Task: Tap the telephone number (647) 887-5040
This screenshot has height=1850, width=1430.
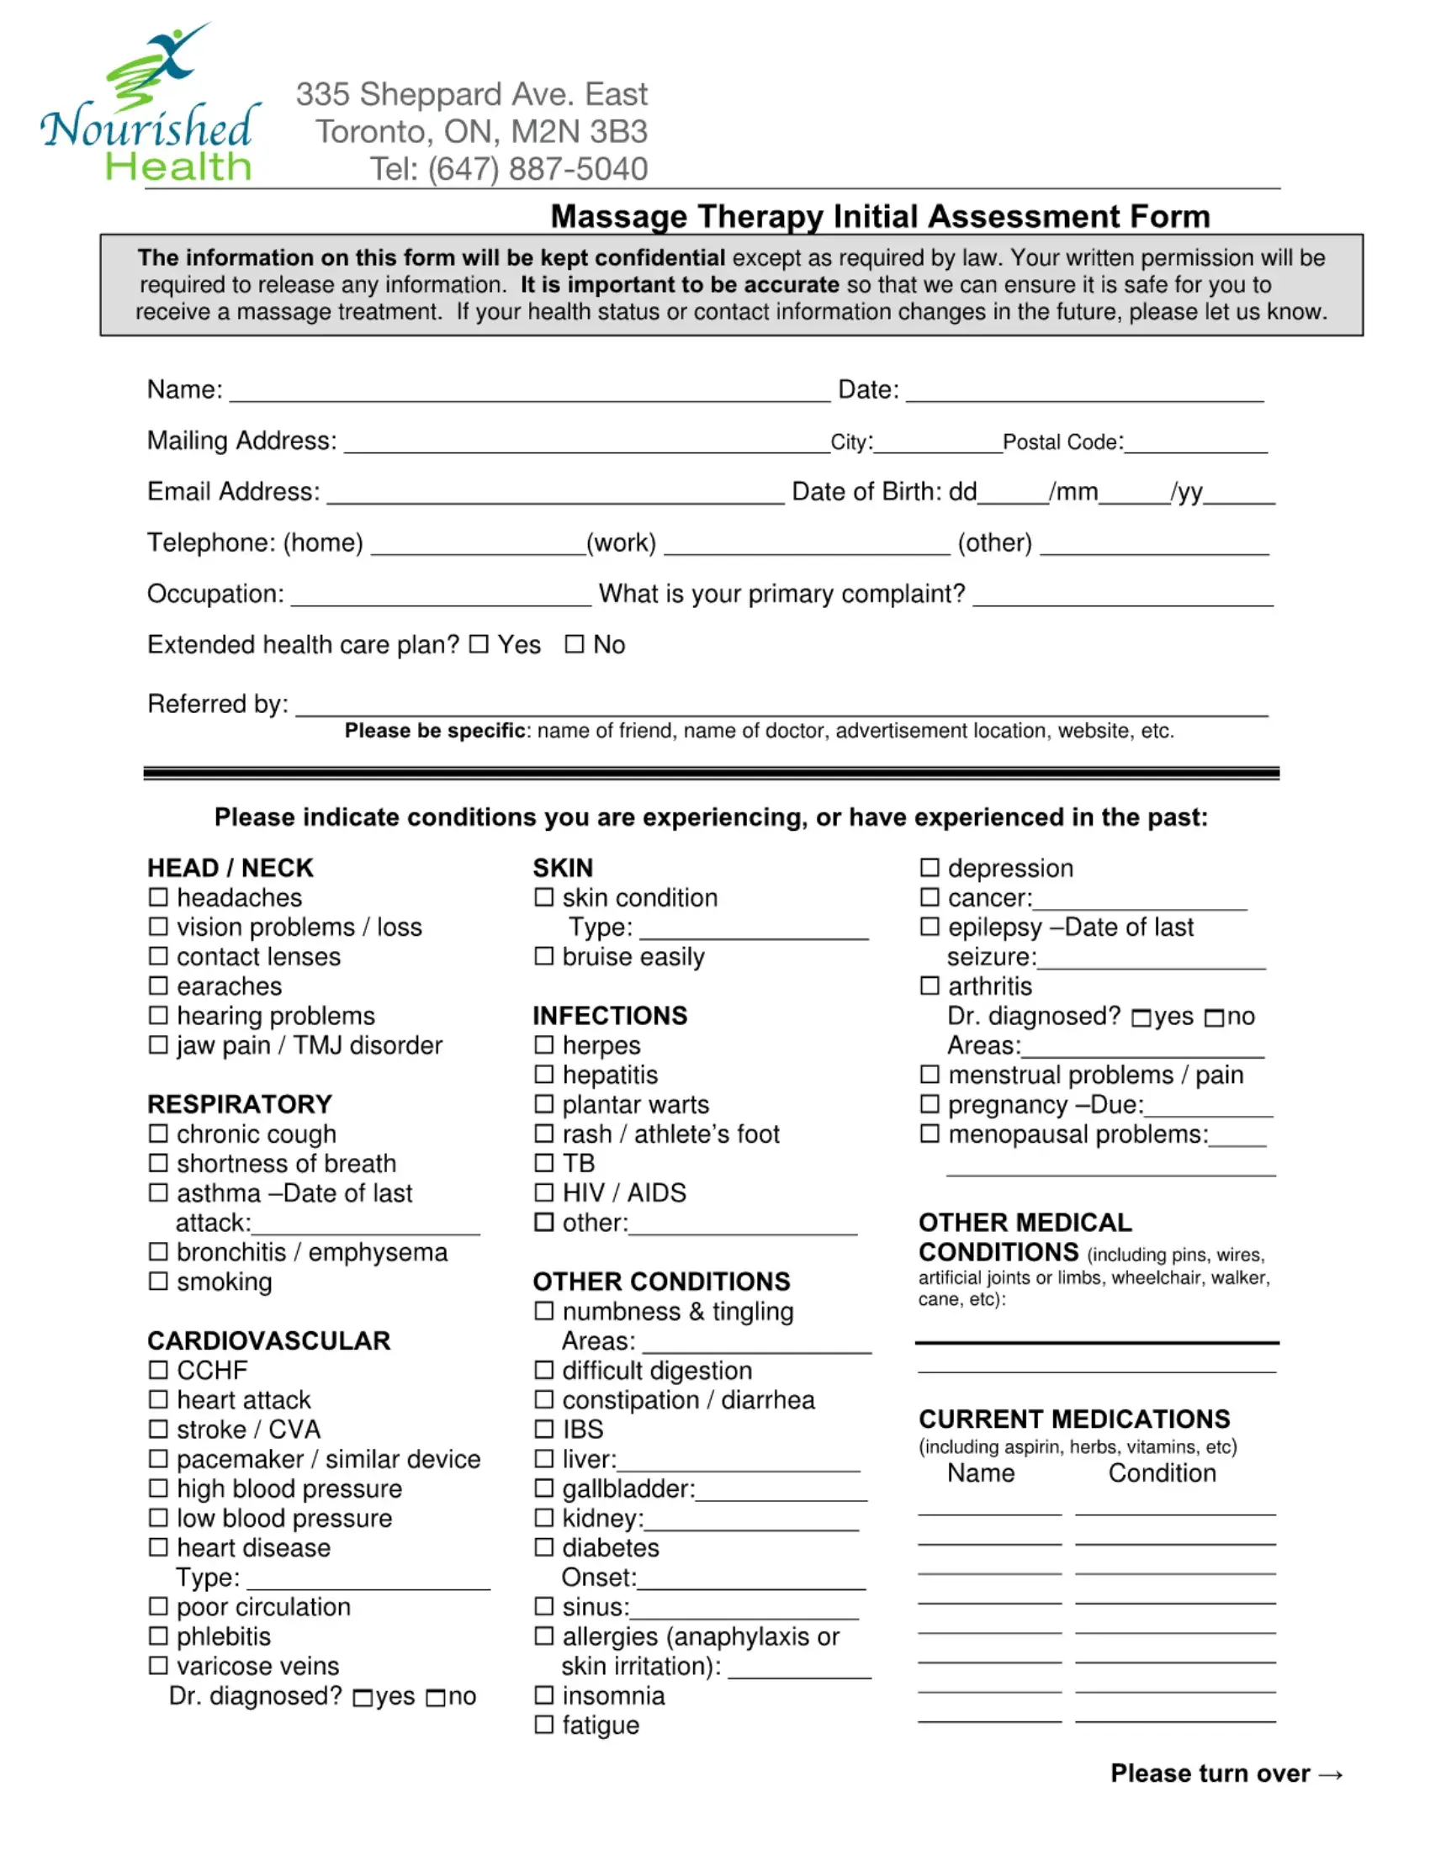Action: click(x=538, y=168)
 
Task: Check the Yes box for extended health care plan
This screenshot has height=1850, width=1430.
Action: click(x=479, y=645)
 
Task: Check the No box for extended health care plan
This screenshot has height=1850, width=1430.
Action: click(x=575, y=645)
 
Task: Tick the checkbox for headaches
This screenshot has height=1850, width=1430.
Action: click(x=158, y=897)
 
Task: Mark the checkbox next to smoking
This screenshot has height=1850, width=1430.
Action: click(x=158, y=1281)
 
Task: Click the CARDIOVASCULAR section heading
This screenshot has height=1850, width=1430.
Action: click(x=268, y=1340)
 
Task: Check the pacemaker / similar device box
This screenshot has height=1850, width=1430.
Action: click(x=158, y=1459)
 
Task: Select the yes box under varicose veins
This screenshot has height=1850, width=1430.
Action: click(x=363, y=1698)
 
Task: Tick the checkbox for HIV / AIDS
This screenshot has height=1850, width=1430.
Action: click(x=544, y=1192)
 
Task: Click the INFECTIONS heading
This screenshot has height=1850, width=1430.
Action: click(x=610, y=1016)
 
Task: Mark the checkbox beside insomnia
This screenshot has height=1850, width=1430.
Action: click(x=544, y=1695)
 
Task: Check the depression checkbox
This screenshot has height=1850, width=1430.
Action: click(x=929, y=868)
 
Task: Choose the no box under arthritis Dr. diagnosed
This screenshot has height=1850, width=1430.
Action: click(x=1214, y=1017)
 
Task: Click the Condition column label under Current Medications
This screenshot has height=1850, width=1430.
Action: click(x=1162, y=1473)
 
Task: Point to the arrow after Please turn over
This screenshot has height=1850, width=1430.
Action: click(x=1331, y=1773)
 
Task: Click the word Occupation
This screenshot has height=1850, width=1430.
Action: click(x=214, y=594)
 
